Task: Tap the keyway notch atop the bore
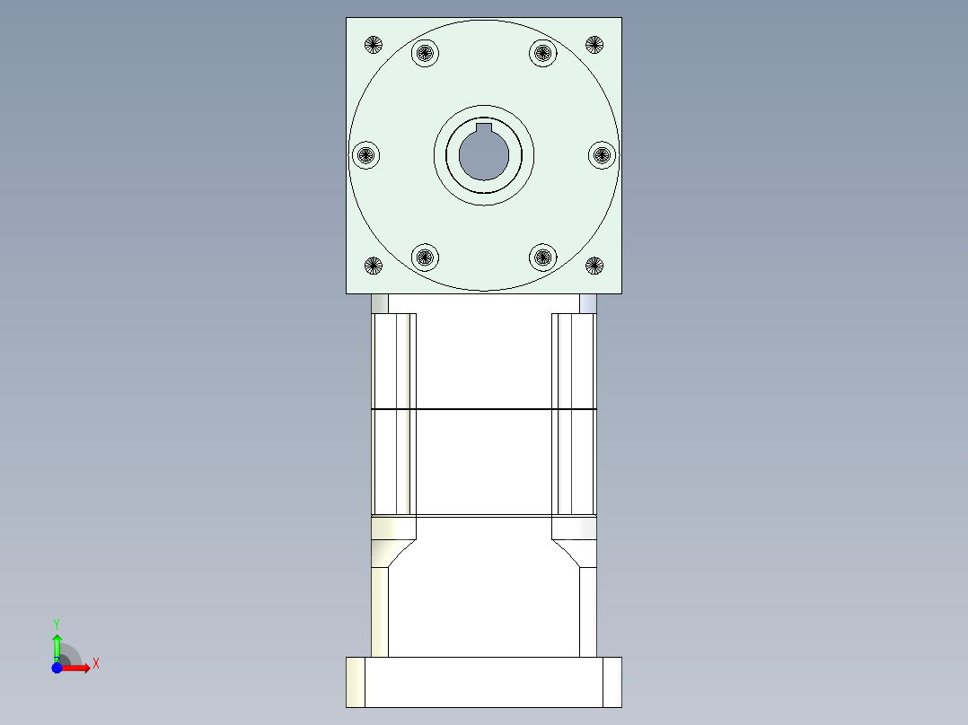pyautogui.click(x=484, y=127)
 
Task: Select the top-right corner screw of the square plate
pyautogui.click(x=594, y=44)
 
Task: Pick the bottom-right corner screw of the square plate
pyautogui.click(x=594, y=265)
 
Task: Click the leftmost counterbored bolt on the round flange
pyautogui.click(x=365, y=155)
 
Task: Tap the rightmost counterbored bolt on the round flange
pyautogui.click(x=603, y=155)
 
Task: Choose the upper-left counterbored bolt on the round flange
pyautogui.click(x=425, y=53)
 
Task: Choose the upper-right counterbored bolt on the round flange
pyautogui.click(x=542, y=53)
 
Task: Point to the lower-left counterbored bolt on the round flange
pyautogui.click(x=425, y=258)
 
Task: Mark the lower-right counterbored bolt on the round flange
pyautogui.click(x=542, y=258)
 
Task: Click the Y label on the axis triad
pyautogui.click(x=56, y=623)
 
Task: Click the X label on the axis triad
pyautogui.click(x=95, y=664)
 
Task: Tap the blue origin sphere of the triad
pyautogui.click(x=57, y=668)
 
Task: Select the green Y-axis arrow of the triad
pyautogui.click(x=57, y=646)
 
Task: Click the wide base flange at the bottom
pyautogui.click(x=484, y=682)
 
